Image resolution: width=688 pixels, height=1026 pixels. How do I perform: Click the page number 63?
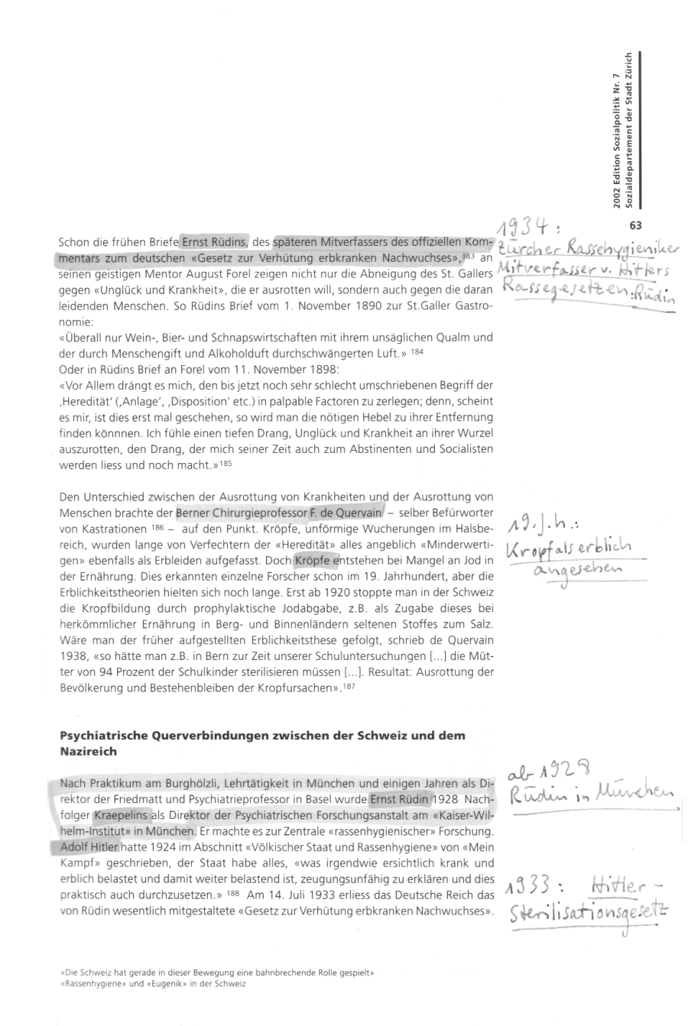pyautogui.click(x=635, y=225)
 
